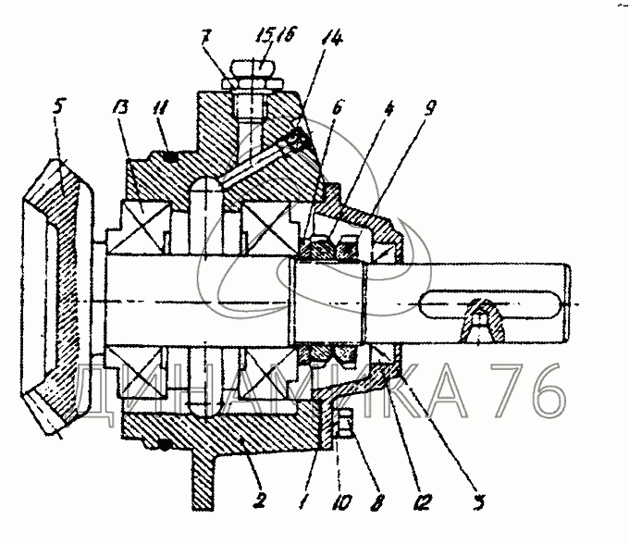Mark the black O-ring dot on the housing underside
click(164, 446)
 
